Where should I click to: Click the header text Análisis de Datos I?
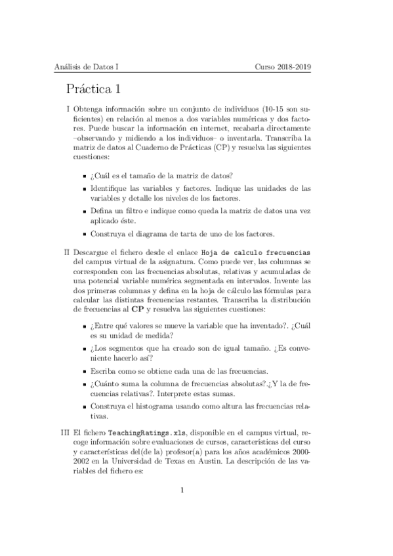pos(86,66)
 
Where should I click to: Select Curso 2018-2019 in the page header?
pos(283,66)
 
